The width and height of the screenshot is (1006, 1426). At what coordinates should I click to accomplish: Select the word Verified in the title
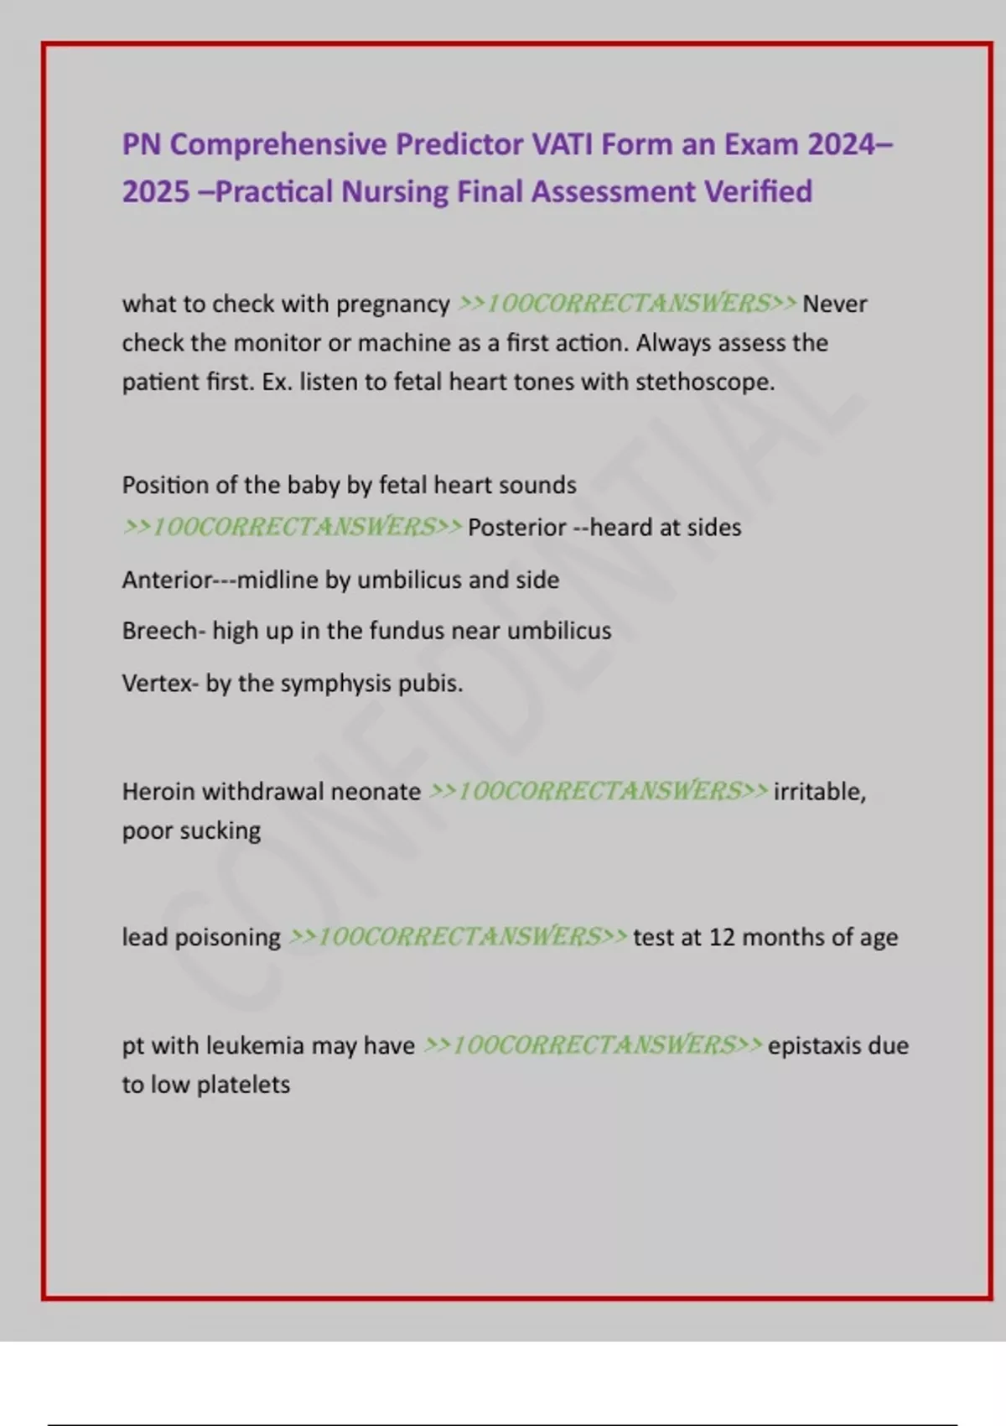click(x=758, y=192)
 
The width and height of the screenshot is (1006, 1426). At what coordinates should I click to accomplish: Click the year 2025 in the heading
click(x=156, y=192)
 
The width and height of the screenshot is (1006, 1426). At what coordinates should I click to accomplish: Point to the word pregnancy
click(x=392, y=304)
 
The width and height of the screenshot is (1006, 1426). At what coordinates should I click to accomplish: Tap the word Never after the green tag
click(x=834, y=304)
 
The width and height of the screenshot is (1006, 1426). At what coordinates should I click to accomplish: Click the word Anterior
click(x=167, y=580)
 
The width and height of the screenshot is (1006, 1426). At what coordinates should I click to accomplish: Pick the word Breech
click(x=159, y=631)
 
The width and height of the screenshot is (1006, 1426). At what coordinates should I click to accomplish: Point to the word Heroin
click(x=158, y=792)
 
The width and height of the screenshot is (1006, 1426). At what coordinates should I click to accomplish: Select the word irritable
click(x=819, y=792)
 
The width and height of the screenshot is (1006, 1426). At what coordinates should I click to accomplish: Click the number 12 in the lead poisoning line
click(x=722, y=937)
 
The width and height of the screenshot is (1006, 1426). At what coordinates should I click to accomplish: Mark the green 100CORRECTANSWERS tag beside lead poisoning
click(x=458, y=937)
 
